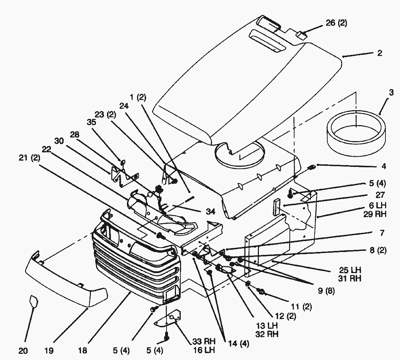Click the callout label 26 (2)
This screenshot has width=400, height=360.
point(336,23)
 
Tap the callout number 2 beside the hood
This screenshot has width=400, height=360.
point(379,53)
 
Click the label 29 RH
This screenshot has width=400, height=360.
point(375,215)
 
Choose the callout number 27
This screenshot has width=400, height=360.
point(380,195)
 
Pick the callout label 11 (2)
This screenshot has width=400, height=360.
point(301,307)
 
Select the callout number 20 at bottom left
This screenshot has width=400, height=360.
point(23,351)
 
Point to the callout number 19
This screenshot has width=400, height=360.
point(49,351)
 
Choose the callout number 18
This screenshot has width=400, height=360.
point(82,351)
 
